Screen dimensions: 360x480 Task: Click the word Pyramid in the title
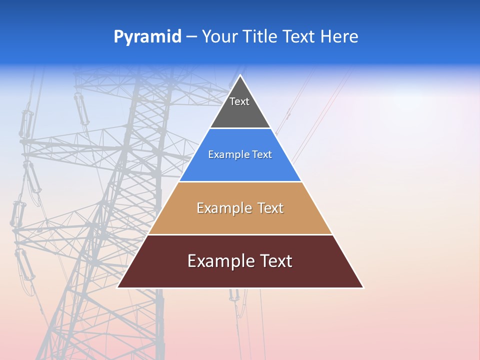(147, 37)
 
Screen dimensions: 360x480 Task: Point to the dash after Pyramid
(191, 37)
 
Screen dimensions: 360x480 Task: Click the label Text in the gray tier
(239, 101)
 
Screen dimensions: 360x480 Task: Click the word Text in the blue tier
(262, 154)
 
